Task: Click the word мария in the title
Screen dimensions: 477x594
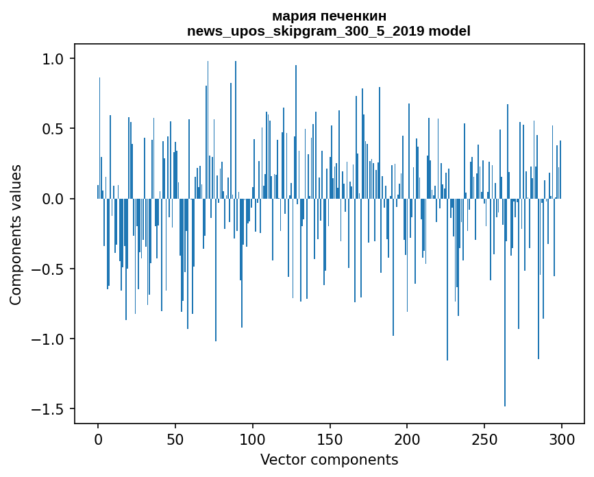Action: [291, 16]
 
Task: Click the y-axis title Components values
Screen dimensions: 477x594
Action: [16, 234]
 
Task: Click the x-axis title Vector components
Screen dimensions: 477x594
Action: [329, 460]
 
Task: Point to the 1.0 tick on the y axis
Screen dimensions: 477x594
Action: [53, 59]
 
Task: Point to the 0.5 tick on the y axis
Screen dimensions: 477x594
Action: [53, 129]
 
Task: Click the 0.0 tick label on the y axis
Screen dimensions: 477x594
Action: [53, 199]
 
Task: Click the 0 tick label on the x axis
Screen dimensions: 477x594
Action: [98, 439]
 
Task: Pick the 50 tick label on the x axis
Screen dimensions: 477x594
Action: [175, 439]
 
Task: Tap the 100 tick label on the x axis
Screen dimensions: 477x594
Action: [253, 439]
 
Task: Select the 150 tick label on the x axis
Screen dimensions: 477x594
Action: [330, 439]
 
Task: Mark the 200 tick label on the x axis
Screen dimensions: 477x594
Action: [407, 439]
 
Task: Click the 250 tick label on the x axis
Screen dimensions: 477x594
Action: [484, 439]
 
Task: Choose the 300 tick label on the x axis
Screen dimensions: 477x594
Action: [562, 439]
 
